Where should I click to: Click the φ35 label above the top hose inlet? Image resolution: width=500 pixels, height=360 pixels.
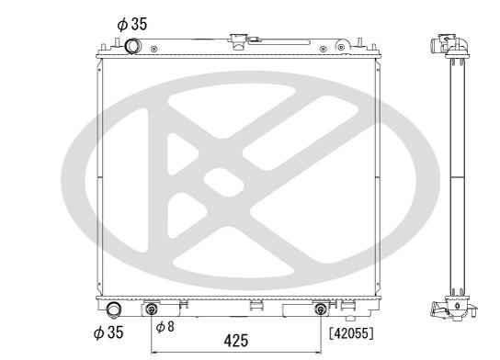[132, 25]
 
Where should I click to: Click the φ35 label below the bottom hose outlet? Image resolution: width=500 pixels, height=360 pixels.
[108, 332]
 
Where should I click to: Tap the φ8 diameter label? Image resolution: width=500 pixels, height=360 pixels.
[165, 327]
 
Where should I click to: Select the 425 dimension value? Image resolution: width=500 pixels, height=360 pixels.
[236, 341]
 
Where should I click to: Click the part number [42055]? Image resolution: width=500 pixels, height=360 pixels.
[351, 333]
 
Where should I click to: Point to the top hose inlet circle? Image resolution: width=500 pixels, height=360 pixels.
[132, 46]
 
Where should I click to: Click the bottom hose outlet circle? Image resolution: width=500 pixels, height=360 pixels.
[114, 309]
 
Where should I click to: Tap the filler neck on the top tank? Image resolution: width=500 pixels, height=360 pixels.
[238, 41]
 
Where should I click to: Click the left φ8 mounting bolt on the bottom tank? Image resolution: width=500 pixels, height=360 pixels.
[151, 309]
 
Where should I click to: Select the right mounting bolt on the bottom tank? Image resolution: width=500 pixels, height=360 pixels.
[321, 309]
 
